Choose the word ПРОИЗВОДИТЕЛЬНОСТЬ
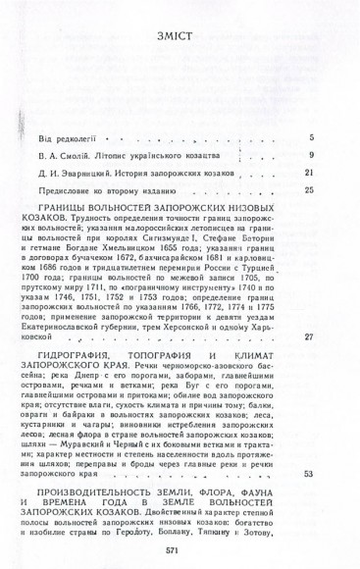[x=109, y=489]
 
